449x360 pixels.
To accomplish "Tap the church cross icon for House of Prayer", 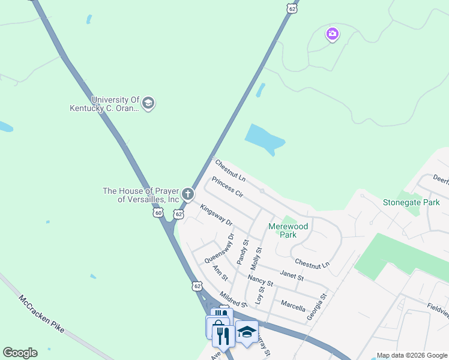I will [188, 194].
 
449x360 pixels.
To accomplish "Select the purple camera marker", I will [333, 34].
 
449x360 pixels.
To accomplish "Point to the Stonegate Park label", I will [411, 202].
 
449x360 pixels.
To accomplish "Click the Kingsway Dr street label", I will [216, 214].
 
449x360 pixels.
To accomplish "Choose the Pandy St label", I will [243, 251].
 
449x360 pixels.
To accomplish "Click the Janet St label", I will [292, 276].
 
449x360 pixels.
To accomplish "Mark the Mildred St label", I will [234, 298].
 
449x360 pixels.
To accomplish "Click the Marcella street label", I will [293, 304].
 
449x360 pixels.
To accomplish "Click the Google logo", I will [20, 353].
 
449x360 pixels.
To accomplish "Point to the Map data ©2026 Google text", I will [411, 355].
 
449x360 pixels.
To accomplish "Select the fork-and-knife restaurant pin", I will [220, 336].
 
